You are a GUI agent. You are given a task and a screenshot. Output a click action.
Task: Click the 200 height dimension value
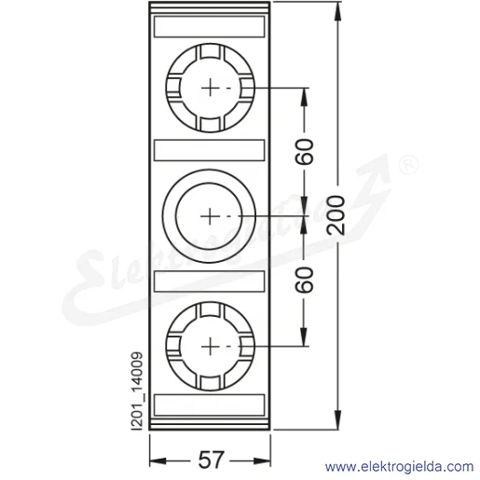pyautogui.click(x=336, y=215)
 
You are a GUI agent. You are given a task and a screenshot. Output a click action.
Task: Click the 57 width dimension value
pyautogui.click(x=211, y=460)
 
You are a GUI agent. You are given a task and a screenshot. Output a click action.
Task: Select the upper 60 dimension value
pyautogui.click(x=304, y=152)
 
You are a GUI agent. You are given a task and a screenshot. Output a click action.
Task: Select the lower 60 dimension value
pyautogui.click(x=304, y=280)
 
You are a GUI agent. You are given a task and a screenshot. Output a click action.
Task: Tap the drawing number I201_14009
pyautogui.click(x=137, y=391)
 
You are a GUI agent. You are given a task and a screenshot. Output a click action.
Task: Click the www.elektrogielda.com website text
pyautogui.click(x=400, y=467)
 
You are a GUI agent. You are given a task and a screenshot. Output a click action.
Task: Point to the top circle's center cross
pyautogui.click(x=211, y=88)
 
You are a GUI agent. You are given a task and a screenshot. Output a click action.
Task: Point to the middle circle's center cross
pyautogui.click(x=210, y=216)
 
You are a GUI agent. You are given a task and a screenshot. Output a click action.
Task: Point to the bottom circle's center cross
pyautogui.click(x=211, y=347)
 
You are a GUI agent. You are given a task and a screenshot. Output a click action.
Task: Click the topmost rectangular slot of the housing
pyautogui.click(x=210, y=27)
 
